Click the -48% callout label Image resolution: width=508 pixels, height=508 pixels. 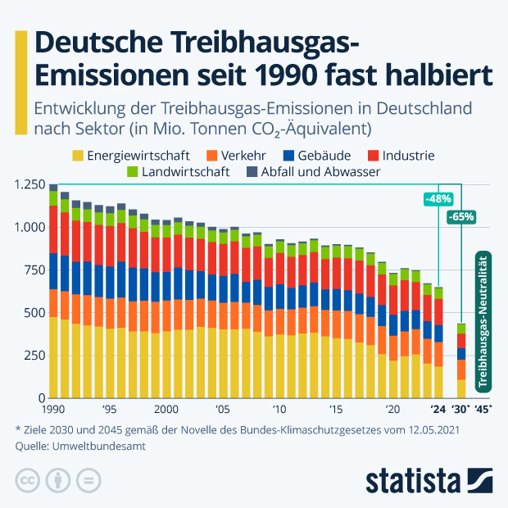(438, 199)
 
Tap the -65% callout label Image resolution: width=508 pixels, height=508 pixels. (461, 217)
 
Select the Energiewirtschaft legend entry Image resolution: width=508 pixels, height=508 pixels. (131, 155)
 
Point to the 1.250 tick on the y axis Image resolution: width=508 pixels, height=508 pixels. (29, 185)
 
